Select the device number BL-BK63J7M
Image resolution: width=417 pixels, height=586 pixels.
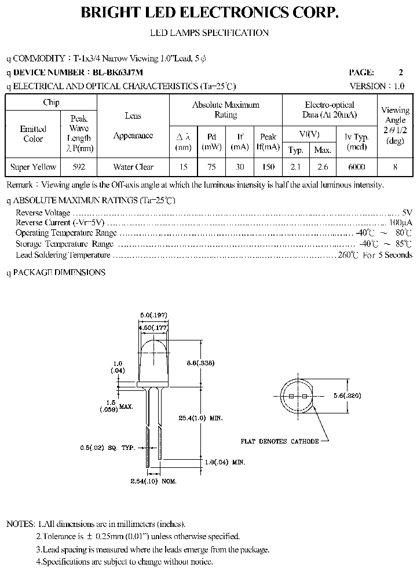[115, 72]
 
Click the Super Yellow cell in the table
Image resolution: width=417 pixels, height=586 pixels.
[34, 167]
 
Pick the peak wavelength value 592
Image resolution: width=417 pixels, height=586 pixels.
[79, 167]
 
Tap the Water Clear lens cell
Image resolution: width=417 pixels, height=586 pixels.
[133, 167]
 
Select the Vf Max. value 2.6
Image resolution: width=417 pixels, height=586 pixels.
[323, 167]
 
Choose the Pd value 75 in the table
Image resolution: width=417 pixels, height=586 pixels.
[212, 167]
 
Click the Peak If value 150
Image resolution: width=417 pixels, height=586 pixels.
[268, 167]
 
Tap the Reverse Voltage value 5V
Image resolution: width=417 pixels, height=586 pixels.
[407, 213]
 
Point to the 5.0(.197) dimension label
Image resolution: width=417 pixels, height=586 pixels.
[153, 315]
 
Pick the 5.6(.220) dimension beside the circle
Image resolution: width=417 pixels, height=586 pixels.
[363, 395]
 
